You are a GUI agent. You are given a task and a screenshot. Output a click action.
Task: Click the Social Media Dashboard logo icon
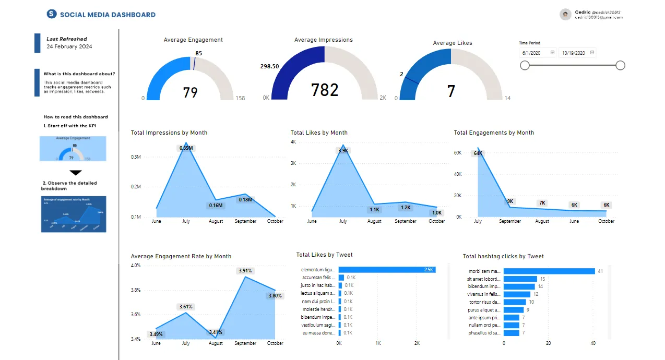tap(51, 14)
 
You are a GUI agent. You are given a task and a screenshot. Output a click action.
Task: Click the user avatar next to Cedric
tap(565, 15)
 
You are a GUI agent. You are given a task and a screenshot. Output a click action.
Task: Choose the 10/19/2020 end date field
tap(574, 53)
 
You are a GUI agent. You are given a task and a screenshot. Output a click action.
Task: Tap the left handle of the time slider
tap(525, 65)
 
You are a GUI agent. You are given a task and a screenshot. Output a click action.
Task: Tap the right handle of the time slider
tap(620, 65)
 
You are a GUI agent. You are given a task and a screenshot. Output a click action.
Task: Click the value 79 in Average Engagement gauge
tap(190, 92)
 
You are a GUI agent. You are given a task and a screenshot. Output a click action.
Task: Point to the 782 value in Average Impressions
tap(325, 90)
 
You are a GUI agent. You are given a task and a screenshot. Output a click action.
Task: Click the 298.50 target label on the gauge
tap(269, 66)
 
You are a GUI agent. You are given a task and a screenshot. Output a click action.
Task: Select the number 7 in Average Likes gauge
tap(451, 91)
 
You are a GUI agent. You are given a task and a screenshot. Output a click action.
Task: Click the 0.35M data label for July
tap(186, 148)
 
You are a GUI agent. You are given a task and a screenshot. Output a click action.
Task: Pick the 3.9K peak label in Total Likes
tap(343, 151)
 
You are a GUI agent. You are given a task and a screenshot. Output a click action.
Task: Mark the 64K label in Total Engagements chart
tap(478, 153)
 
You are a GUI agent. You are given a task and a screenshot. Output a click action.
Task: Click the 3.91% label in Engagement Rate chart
tap(245, 271)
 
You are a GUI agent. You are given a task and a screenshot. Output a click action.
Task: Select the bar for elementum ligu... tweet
tap(387, 270)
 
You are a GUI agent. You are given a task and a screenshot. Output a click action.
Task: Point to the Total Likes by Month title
tap(319, 133)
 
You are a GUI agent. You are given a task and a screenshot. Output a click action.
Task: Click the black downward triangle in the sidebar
tap(76, 173)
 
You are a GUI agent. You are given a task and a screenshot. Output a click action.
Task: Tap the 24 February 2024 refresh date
tap(69, 46)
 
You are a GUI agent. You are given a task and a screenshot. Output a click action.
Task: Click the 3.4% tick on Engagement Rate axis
tap(136, 339)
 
